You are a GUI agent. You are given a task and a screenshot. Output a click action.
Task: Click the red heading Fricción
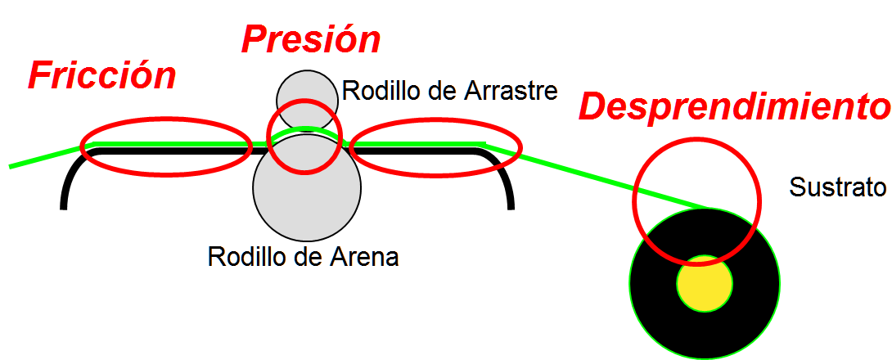tap(101, 76)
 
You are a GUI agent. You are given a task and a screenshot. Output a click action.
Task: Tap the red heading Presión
tap(310, 39)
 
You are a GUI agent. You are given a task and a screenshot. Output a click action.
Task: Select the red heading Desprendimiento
tap(733, 107)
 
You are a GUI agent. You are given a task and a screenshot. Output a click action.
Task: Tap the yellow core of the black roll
tap(704, 283)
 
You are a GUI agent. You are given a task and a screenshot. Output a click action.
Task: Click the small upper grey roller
tap(307, 90)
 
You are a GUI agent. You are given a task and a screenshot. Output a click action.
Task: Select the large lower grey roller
tap(307, 196)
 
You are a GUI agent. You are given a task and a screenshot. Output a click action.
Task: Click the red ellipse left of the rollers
tap(166, 146)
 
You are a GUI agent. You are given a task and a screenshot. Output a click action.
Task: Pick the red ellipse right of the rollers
tap(435, 146)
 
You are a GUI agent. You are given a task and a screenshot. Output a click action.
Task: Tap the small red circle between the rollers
tap(304, 137)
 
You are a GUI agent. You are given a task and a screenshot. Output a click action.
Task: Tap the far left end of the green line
tap(11, 167)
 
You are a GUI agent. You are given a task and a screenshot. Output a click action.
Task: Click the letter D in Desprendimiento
tap(595, 107)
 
